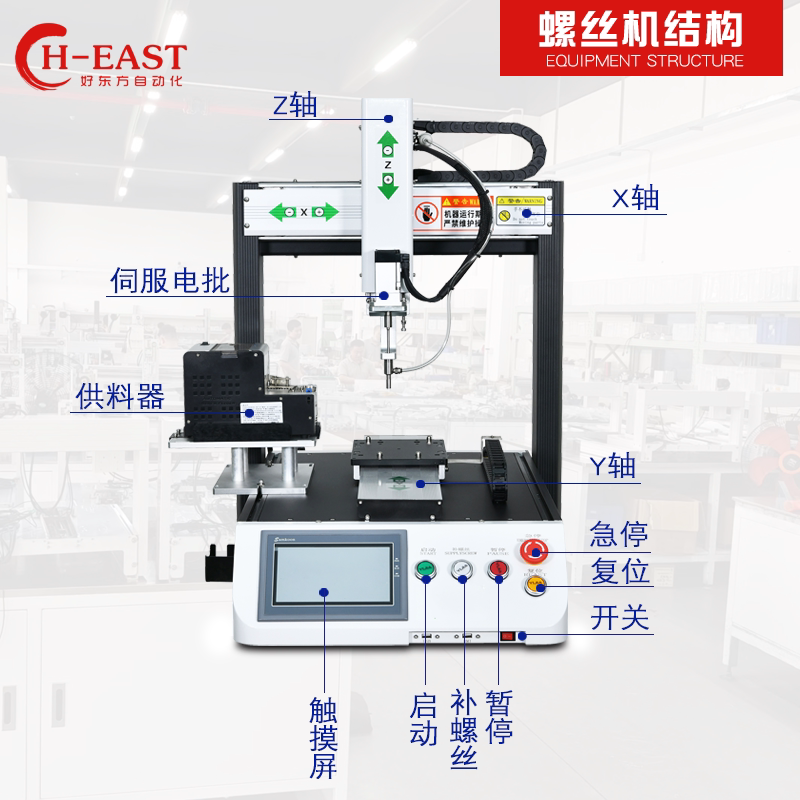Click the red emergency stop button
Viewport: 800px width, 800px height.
tap(534, 550)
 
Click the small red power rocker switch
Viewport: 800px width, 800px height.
tap(508, 635)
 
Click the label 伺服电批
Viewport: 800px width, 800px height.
tap(169, 281)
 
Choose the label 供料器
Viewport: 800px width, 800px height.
tap(119, 397)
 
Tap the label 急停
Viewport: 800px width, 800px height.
tap(620, 536)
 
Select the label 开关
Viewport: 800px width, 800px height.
tap(620, 618)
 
